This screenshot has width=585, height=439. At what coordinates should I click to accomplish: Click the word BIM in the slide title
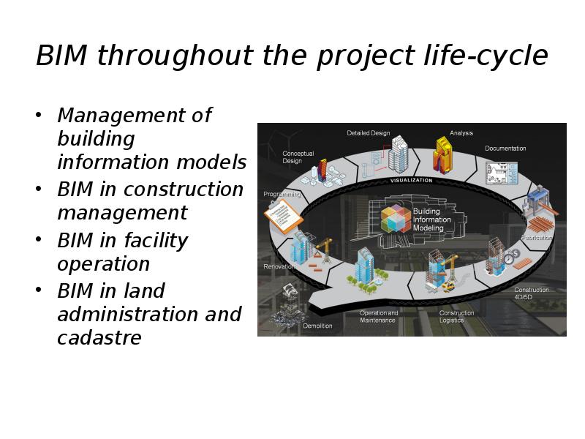click(61, 56)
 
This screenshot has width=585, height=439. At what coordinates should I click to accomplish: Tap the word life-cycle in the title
click(486, 56)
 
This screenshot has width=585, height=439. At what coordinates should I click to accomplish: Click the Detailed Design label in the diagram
click(369, 133)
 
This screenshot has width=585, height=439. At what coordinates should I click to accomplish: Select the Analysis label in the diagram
click(461, 133)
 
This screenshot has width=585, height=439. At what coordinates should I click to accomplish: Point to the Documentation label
click(505, 149)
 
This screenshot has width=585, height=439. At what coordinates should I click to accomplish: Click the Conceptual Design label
click(298, 157)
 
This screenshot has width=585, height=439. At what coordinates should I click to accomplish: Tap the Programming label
click(282, 194)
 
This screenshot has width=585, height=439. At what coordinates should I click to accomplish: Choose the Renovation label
click(279, 266)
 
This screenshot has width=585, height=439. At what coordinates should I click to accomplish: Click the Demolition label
click(317, 326)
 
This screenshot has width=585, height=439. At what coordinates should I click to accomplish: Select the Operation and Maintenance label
click(378, 317)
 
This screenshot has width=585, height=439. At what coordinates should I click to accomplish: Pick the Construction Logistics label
click(456, 317)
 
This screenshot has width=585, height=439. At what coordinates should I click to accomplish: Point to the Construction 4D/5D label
click(532, 293)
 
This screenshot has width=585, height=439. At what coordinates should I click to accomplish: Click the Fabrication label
click(537, 237)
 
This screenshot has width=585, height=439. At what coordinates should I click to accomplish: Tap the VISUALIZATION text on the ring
click(411, 180)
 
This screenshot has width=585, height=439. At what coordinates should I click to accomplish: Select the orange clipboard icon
click(283, 217)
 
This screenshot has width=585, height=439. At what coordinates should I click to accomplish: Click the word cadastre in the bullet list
click(99, 338)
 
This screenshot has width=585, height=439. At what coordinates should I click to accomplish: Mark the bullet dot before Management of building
click(38, 114)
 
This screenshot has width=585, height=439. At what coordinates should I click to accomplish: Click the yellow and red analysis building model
click(443, 155)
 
